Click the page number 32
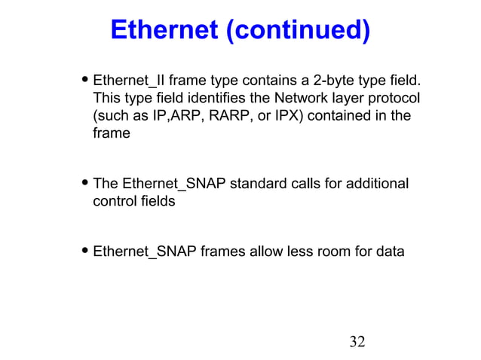coord(357,343)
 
